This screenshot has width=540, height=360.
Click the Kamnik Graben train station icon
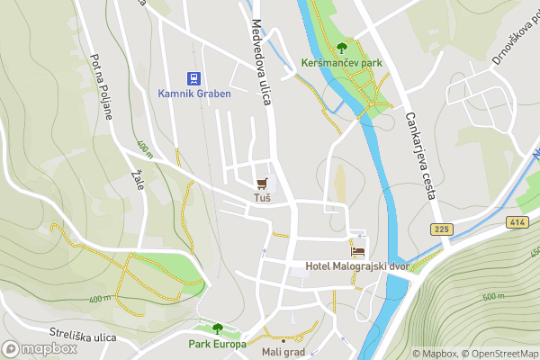point(194,79)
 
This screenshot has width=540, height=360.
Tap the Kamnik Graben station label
point(194,94)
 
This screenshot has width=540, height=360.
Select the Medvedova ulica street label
point(262,63)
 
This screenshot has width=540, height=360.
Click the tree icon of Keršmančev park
point(342,49)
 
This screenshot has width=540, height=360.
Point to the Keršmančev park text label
point(342,65)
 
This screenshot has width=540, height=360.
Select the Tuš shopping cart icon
point(262,183)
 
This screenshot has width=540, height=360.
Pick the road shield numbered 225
point(439,229)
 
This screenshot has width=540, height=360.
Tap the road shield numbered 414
point(517,221)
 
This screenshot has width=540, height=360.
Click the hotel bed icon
point(358,250)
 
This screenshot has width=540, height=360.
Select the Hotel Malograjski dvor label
point(357,265)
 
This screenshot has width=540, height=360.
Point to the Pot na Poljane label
point(100,81)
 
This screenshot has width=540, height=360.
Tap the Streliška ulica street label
point(84,337)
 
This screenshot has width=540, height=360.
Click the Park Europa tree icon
point(217,328)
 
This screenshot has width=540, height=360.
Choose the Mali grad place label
point(283,352)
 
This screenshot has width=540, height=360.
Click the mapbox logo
point(40,348)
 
